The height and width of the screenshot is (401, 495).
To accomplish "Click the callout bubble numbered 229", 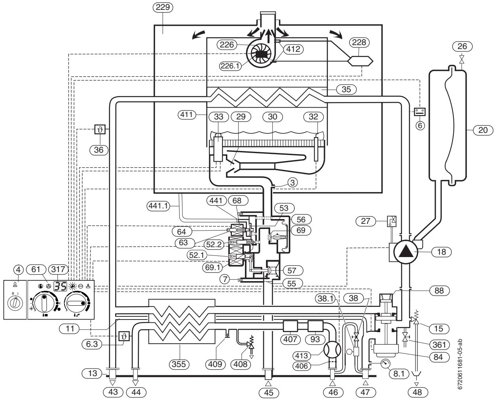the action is pos(163,8).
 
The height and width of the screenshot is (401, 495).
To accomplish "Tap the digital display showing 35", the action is pos(60,286).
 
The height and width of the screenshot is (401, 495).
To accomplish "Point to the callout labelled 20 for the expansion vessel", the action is pos(483,130).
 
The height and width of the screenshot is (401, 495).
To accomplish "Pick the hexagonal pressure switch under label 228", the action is pos(360,61).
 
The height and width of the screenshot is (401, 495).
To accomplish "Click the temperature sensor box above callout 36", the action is pos(100,129).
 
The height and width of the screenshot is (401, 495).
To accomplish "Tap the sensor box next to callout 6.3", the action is pos(124,336).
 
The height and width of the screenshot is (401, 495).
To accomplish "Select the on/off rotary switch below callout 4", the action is pos(15,303).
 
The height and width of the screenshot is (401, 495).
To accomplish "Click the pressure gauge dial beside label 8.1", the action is pos(386,363).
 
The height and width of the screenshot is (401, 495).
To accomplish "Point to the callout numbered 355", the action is pos(179,364).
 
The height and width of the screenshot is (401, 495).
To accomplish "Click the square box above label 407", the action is pos(290,326).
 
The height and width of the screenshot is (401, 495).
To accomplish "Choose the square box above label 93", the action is pos(315,326).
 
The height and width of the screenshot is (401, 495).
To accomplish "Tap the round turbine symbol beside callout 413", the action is pos(332,350).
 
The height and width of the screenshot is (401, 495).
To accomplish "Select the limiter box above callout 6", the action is pos(420,112).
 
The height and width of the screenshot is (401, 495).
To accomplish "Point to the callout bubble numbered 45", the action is pos(269,393).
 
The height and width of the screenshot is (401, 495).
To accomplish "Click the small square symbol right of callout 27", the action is pos(392,221).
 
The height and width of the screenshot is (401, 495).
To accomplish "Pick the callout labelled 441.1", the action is pos(159,206).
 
